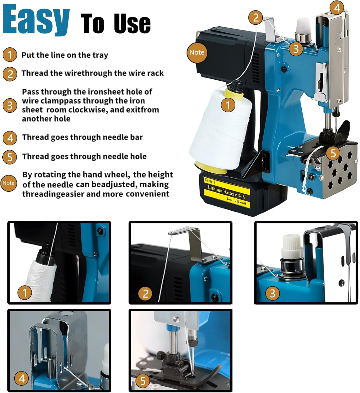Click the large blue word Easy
coord(36,20)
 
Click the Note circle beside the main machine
coord(197,52)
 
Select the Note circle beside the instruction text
coord(8,183)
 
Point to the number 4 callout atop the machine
coord(337,8)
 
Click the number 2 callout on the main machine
coord(256,18)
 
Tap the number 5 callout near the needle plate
coord(333,153)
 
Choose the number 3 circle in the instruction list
coord(10,105)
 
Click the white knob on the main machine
coord(303,27)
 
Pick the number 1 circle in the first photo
coord(25,293)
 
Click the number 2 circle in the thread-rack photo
coord(145,293)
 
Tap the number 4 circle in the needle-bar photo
coord(22,379)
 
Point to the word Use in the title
coord(132,24)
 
